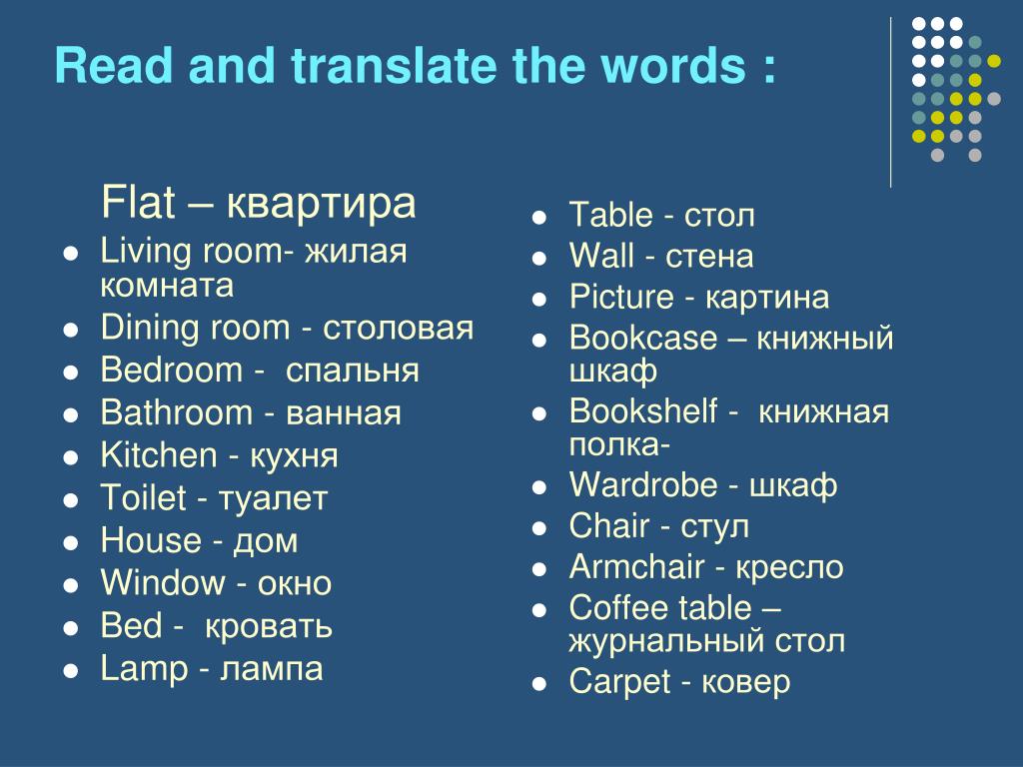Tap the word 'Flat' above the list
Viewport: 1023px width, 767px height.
[x=138, y=202]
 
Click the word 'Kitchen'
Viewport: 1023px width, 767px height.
[x=159, y=455]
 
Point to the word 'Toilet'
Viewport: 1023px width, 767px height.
[x=144, y=497]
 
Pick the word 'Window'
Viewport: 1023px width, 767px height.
[x=163, y=582]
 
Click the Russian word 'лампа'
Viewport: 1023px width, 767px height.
[x=272, y=670]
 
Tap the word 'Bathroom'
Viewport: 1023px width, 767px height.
[x=176, y=412]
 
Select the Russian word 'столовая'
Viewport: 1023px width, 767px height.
[x=398, y=328]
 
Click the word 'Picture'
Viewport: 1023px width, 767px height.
[x=621, y=297]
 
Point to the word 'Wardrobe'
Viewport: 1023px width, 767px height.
[x=643, y=484]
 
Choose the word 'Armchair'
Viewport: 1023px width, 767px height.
[x=636, y=566]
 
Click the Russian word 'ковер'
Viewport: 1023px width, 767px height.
[x=745, y=683]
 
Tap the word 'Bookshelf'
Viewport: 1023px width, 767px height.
[x=643, y=410]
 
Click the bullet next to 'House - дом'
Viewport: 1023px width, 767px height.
[x=71, y=542]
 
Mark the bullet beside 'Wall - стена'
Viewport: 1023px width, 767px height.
[x=538, y=259]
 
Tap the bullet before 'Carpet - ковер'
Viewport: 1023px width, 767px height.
[x=538, y=684]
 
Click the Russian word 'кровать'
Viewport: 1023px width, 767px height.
[x=268, y=627]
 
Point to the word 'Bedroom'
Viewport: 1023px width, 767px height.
[x=172, y=370]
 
